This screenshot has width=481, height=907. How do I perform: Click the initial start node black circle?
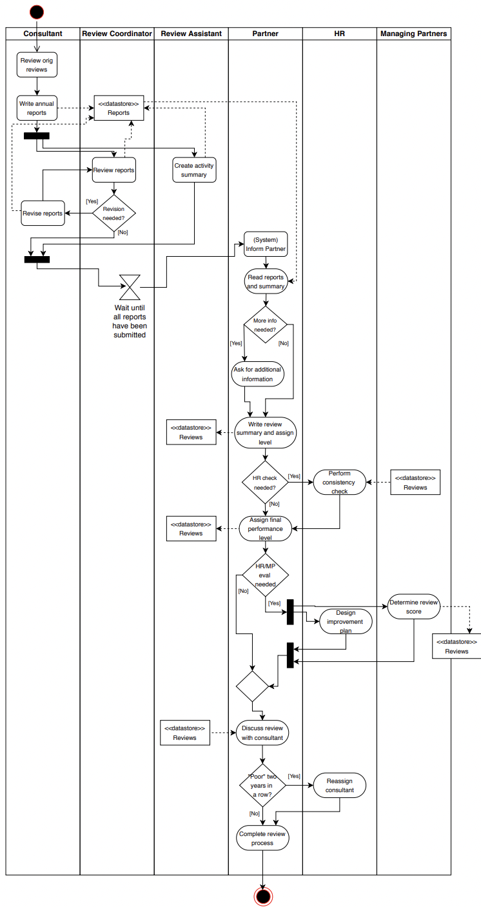click(x=37, y=12)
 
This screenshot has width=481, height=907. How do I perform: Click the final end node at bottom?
click(x=263, y=896)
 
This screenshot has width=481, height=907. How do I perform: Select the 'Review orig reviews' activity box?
click(x=37, y=65)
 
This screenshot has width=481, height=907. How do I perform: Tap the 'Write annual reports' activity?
click(x=37, y=108)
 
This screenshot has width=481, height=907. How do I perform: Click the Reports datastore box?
click(x=119, y=108)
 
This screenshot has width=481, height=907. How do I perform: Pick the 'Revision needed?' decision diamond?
click(x=114, y=214)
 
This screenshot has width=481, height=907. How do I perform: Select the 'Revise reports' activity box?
click(x=43, y=213)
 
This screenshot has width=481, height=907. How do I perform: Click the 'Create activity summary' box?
click(x=194, y=170)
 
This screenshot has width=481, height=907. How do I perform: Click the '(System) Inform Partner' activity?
click(x=266, y=244)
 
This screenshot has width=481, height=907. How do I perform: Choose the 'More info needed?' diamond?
click(x=265, y=324)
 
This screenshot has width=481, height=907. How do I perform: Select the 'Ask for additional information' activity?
click(x=257, y=374)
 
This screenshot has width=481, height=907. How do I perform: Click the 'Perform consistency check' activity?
click(x=339, y=482)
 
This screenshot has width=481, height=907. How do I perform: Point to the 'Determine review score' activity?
click(x=414, y=606)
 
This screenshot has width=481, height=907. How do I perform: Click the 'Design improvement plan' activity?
click(x=346, y=622)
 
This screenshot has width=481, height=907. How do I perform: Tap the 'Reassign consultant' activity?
click(x=339, y=785)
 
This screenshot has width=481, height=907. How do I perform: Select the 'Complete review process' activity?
click(x=262, y=838)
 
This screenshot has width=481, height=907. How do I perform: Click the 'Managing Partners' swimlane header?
click(x=413, y=34)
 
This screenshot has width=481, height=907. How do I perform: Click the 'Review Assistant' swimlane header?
click(x=191, y=34)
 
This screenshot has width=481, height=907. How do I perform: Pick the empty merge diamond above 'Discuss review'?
click(x=252, y=686)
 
